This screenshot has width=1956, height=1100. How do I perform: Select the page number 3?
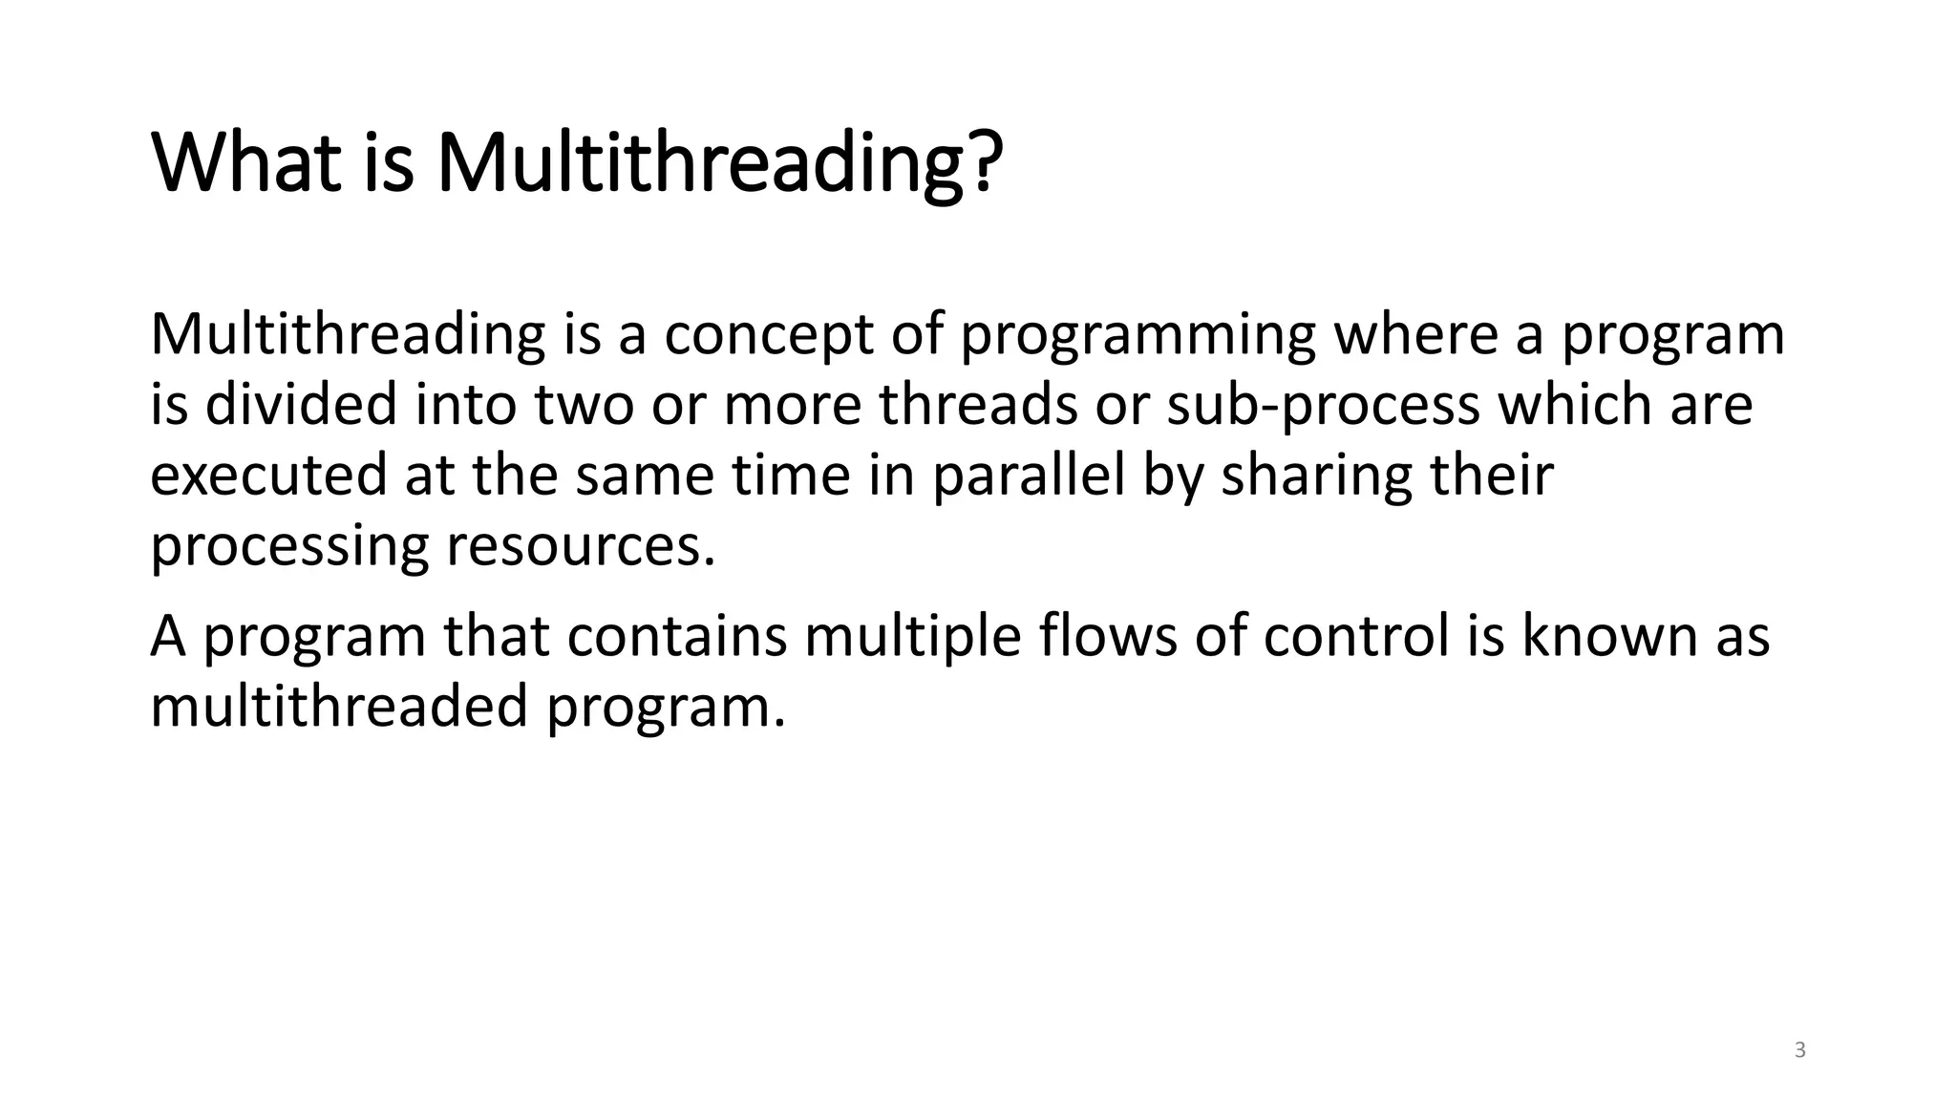click(x=1800, y=1051)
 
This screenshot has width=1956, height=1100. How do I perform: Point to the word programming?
click(x=1137, y=336)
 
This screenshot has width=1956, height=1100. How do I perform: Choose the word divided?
click(x=301, y=405)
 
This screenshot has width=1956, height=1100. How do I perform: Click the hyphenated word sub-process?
click(x=1322, y=405)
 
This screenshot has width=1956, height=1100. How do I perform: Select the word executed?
click(x=268, y=476)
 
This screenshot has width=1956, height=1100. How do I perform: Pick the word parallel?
click(x=1029, y=476)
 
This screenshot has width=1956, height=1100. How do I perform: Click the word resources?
click(x=581, y=546)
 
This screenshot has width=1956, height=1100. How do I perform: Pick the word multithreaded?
click(x=339, y=707)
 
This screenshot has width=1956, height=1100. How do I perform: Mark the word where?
click(x=1414, y=336)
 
